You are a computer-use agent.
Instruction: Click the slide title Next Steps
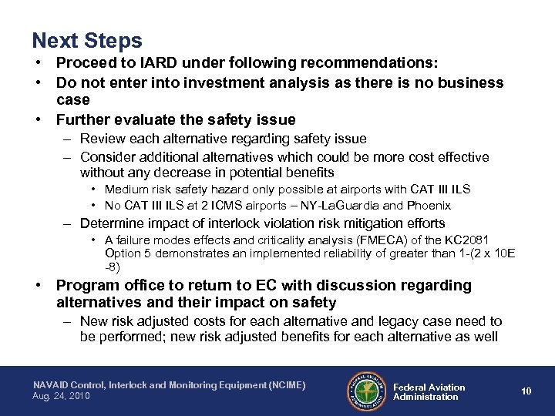click(x=87, y=39)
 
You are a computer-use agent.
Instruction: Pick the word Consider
click(x=107, y=157)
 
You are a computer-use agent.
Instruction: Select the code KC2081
click(x=465, y=240)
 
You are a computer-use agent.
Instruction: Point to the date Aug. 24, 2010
click(x=62, y=395)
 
